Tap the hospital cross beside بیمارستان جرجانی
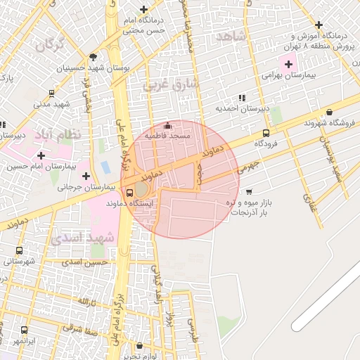(86, 176)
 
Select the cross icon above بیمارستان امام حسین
(41, 155)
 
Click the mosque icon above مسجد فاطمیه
(167, 126)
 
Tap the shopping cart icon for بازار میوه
(250, 191)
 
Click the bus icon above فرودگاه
(266, 133)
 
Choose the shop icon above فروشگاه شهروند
(330, 112)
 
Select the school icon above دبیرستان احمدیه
(243, 98)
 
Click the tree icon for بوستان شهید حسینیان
(93, 57)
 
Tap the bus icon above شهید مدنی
(51, 93)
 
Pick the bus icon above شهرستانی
(19, 250)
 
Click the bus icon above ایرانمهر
(25, 330)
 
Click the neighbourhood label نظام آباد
(67, 134)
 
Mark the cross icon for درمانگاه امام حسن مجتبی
(144, 10)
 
